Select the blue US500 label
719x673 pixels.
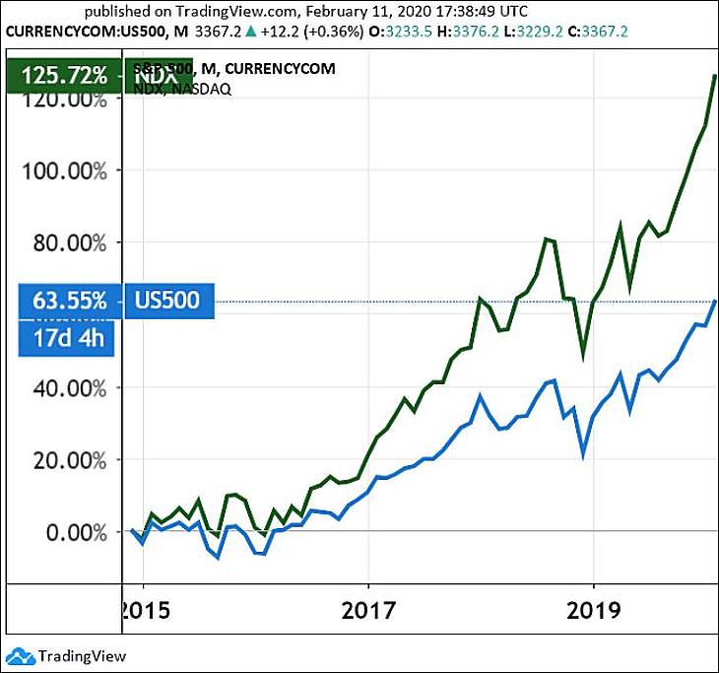[169, 301]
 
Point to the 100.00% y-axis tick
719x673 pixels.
[64, 170]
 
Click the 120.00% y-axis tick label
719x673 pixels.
[64, 100]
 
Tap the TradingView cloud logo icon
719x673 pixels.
[20, 654]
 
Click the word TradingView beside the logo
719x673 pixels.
[82, 655]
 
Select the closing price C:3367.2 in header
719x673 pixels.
[593, 33]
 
